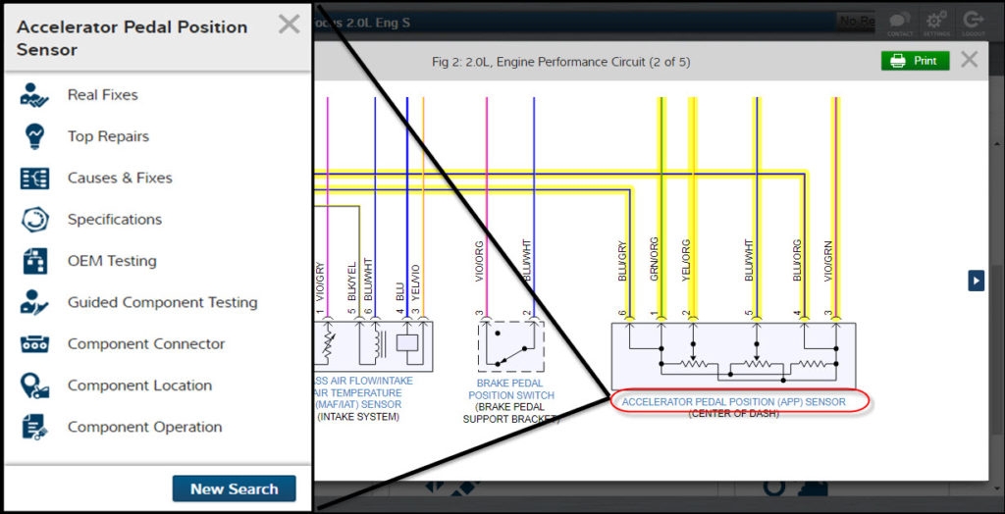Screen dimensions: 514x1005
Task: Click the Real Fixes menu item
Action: point(102,95)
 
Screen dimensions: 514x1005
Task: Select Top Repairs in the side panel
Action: point(108,136)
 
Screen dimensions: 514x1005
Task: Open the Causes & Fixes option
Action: point(119,178)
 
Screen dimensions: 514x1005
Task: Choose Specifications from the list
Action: point(114,220)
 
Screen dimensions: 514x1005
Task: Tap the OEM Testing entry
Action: point(111,261)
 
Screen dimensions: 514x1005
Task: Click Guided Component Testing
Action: point(162,302)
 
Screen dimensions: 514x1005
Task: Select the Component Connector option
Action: point(145,344)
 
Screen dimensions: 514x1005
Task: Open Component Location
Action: point(139,385)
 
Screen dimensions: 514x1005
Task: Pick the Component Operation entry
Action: point(144,427)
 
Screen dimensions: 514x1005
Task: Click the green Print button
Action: point(915,61)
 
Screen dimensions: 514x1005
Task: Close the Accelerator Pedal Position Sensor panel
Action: point(289,25)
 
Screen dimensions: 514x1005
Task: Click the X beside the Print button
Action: point(969,61)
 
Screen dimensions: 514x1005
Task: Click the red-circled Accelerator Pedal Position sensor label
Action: point(733,402)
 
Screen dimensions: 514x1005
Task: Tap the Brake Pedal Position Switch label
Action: point(511,389)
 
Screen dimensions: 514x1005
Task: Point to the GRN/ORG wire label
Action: point(655,260)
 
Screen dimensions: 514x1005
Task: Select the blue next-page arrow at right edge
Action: point(976,281)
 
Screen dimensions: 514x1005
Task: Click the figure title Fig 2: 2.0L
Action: point(560,62)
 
